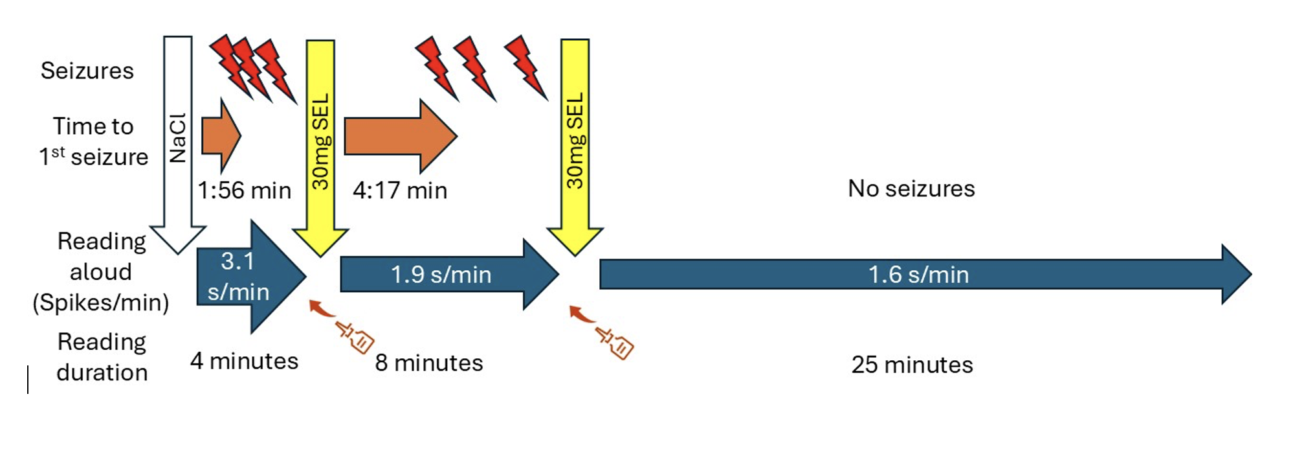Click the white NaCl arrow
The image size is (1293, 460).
click(x=177, y=143)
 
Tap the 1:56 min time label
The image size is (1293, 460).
click(x=244, y=190)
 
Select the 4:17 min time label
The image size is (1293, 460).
click(x=400, y=190)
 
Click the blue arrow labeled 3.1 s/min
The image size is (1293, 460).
click(x=246, y=277)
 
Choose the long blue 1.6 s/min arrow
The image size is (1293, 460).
click(x=919, y=275)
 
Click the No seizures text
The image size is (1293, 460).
click(x=911, y=189)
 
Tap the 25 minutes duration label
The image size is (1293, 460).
click(x=912, y=365)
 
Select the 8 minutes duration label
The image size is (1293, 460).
click(x=429, y=363)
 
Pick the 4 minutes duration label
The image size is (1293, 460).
click(x=244, y=361)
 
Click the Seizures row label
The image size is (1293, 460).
click(x=87, y=71)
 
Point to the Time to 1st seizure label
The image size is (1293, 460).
click(x=93, y=141)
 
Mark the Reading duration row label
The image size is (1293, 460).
click(x=102, y=357)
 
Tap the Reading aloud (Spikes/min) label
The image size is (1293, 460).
click(x=101, y=271)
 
